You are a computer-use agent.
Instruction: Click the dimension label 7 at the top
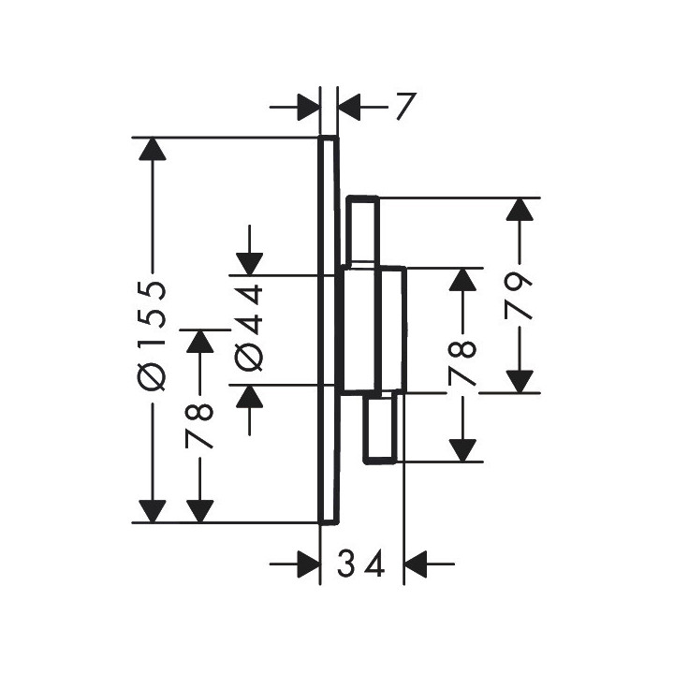pos(402,107)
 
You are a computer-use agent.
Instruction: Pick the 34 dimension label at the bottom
pos(360,564)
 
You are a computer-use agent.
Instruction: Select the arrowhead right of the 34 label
pos(417,564)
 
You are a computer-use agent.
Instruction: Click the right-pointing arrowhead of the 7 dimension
pos(307,107)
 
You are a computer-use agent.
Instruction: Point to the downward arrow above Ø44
pos(248,261)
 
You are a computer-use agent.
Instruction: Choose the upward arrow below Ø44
pos(248,400)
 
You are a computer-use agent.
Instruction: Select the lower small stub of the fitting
pos(382,427)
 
